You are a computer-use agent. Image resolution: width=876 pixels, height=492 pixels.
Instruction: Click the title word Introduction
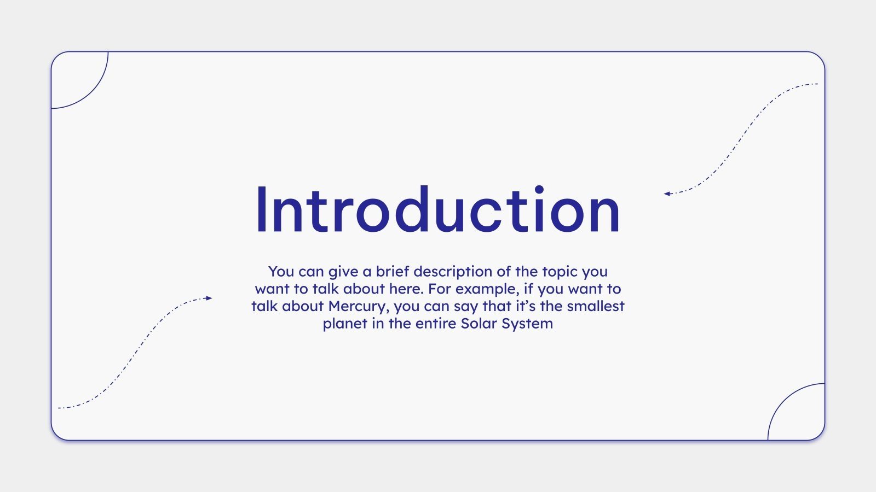pos(438,210)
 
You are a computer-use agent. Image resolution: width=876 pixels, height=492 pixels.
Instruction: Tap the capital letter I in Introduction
pos(261,210)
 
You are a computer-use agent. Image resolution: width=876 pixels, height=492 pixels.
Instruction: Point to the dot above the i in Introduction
pos(539,189)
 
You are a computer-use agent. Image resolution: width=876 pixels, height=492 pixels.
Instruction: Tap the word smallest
pos(596,306)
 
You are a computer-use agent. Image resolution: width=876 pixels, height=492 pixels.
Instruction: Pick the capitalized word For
pos(440,289)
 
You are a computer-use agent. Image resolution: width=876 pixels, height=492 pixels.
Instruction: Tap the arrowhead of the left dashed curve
pos(209,298)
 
